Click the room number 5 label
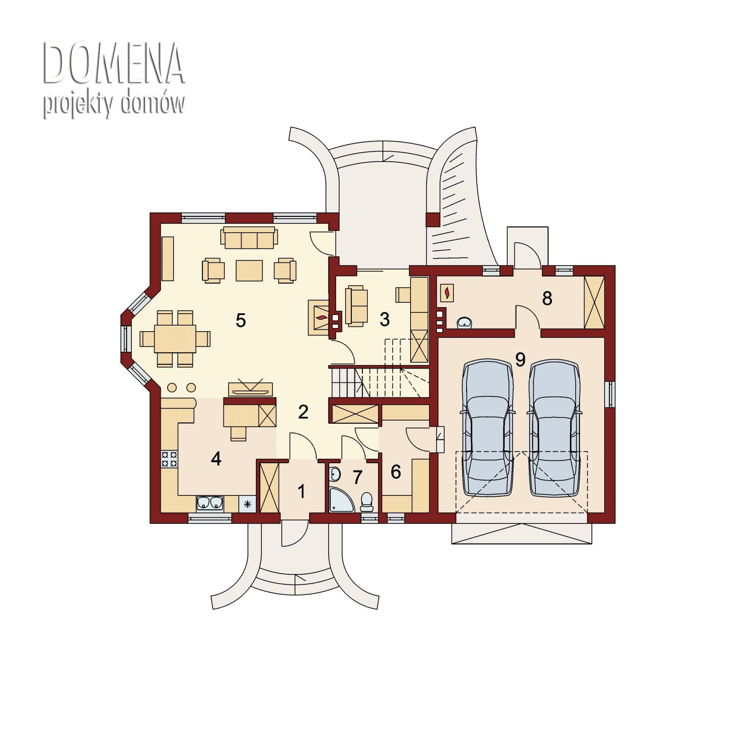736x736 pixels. point(241,320)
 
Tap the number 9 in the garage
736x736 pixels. point(520,359)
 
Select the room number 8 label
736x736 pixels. point(547,298)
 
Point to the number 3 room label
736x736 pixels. point(385,319)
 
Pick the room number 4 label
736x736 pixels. point(216,459)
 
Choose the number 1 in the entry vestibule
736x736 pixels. point(302,492)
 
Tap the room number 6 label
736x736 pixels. point(396,472)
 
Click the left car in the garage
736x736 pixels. point(487,428)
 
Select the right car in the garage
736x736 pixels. point(555,428)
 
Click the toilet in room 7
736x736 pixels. point(366,502)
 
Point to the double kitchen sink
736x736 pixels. point(210,504)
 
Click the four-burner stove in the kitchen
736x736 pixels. point(169,459)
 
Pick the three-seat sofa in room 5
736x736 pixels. point(249,238)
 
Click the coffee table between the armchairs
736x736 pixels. point(249,270)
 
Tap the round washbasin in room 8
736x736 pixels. point(464,322)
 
